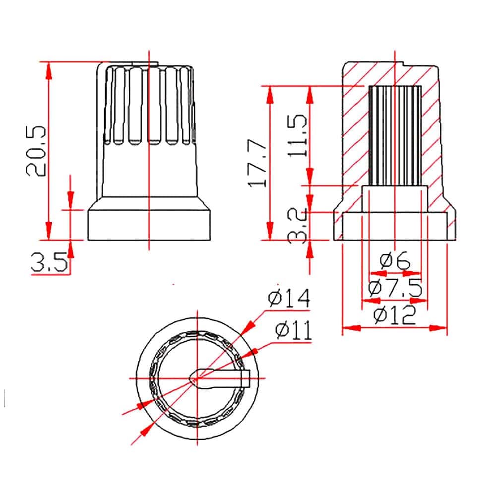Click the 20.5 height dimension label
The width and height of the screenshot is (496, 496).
(36, 151)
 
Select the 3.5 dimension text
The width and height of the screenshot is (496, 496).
(49, 261)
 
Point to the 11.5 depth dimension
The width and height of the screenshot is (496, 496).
(297, 136)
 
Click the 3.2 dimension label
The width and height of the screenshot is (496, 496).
(297, 226)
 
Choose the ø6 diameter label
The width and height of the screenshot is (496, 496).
(394, 260)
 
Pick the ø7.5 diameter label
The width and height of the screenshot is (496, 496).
(395, 287)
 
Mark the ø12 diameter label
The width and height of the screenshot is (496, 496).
(394, 315)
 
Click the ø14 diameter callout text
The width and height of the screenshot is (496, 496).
(289, 298)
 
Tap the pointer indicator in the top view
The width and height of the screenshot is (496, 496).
(220, 378)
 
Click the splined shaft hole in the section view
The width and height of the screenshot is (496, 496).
(395, 135)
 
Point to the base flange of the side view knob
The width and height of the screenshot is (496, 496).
(149, 225)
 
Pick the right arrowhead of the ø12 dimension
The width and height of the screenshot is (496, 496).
(438, 328)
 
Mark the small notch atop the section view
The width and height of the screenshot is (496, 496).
(404, 64)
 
